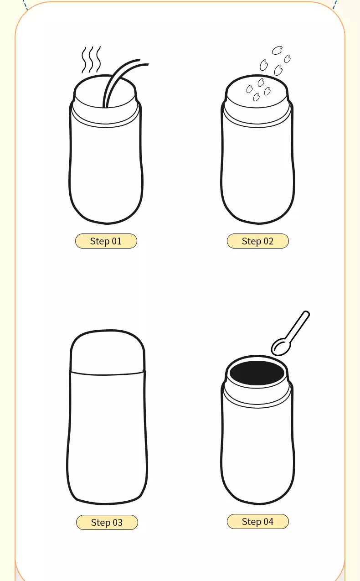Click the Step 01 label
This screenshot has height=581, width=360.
tap(106, 241)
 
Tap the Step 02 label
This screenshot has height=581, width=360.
tap(257, 241)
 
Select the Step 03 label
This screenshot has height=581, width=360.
tap(107, 522)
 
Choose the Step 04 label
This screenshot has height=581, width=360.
tap(257, 521)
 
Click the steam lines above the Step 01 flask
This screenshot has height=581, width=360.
tap(91, 60)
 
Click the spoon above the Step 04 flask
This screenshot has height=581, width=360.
tap(290, 333)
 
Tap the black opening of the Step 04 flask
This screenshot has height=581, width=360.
tap(257, 373)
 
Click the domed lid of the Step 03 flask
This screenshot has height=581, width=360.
tap(107, 352)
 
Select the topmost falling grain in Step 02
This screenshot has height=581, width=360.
tap(277, 50)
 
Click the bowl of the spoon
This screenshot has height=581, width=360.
tap(281, 347)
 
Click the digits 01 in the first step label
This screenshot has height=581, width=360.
tap(117, 241)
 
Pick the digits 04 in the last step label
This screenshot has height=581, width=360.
tap(268, 522)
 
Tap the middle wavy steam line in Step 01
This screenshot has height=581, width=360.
tap(91, 60)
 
